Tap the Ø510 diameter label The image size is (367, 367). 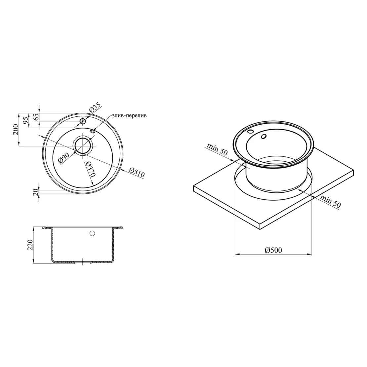pos(137,173)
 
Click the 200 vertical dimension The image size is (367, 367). pos(16,129)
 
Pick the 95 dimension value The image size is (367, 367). pos(26,120)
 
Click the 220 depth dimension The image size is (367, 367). pos(31,245)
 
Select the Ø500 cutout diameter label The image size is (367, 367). pos(273,250)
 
